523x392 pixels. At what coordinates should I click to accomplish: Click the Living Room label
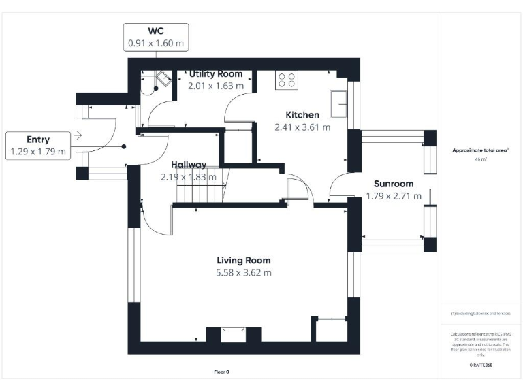243,260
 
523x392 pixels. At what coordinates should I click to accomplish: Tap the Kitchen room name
302,115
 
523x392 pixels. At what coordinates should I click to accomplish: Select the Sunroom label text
394,184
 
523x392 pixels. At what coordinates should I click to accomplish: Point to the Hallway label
189,165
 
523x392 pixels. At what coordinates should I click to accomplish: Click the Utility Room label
215,73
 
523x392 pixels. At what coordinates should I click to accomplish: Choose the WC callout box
156,37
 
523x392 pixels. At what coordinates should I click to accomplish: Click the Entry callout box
38,146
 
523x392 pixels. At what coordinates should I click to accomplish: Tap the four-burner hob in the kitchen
286,80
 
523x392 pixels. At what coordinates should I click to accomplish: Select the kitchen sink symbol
339,102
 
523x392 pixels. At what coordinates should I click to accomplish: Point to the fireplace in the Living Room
233,335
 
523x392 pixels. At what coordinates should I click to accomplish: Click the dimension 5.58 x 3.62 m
243,273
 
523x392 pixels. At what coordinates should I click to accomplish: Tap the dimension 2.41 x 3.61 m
302,127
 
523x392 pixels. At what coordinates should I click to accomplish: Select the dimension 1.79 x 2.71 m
394,196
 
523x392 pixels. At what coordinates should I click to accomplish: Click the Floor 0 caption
223,372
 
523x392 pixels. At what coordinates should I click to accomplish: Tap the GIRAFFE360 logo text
481,365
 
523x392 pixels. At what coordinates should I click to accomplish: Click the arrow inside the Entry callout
77,135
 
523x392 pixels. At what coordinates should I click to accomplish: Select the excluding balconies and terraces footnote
481,313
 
